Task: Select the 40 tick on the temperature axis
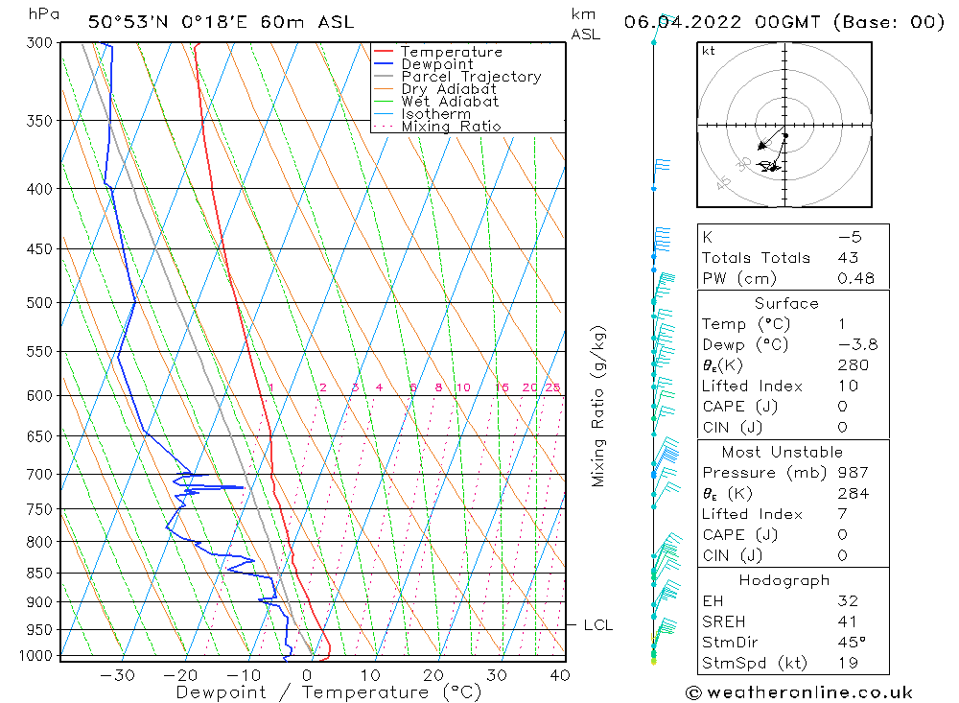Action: (x=560, y=675)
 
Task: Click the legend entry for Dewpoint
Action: (x=437, y=64)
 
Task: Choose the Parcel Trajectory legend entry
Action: (x=471, y=77)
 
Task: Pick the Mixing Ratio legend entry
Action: (x=451, y=127)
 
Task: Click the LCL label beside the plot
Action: (x=598, y=625)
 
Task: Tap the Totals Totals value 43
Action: (x=848, y=258)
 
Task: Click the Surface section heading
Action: (x=786, y=303)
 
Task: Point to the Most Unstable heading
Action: (x=784, y=452)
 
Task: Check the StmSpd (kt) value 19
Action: (x=848, y=663)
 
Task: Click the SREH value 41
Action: (x=848, y=621)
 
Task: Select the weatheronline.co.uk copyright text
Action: (x=799, y=692)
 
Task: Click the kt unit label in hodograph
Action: (x=709, y=51)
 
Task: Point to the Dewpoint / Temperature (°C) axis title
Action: (x=329, y=692)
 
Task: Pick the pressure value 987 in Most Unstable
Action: (x=853, y=473)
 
